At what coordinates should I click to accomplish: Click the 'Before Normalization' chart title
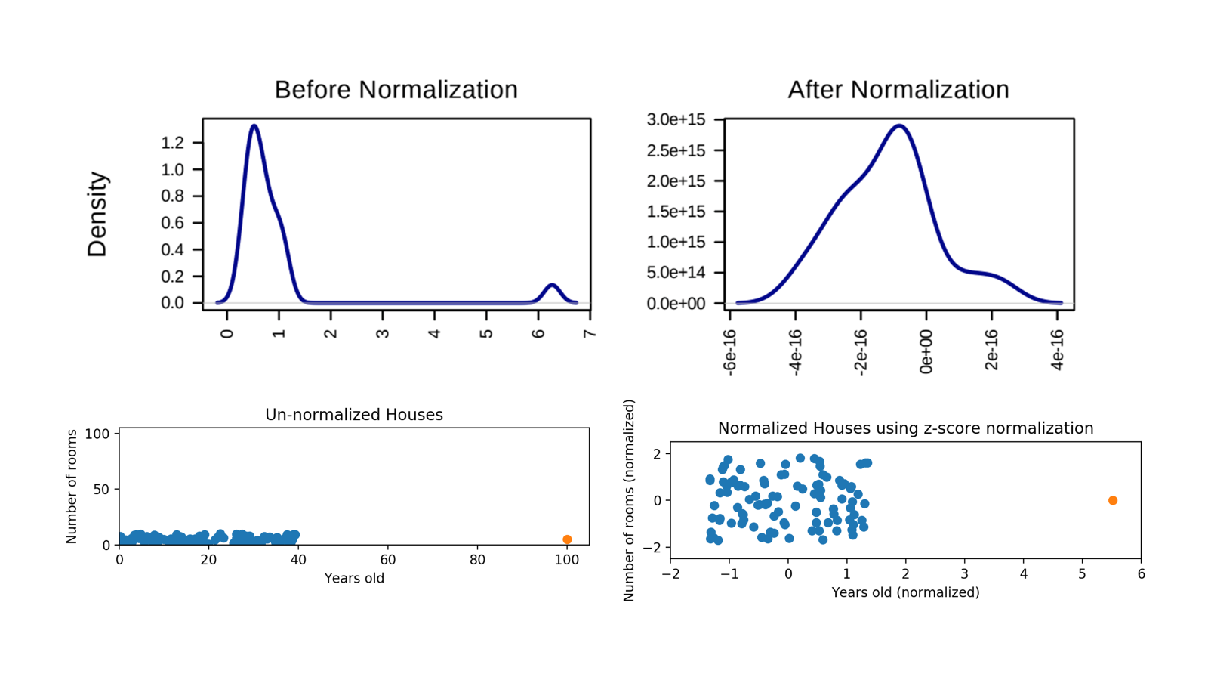pyautogui.click(x=396, y=90)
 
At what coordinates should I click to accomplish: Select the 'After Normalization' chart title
pyautogui.click(x=898, y=90)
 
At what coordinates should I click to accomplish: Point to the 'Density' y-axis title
pyautogui.click(x=97, y=215)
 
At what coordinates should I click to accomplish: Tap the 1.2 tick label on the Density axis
pyautogui.click(x=173, y=143)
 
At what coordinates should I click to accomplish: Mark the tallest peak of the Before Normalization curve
pyautogui.click(x=254, y=125)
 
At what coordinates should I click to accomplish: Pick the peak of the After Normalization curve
pyautogui.click(x=899, y=125)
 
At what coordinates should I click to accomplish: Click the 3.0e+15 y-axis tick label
pyautogui.click(x=676, y=119)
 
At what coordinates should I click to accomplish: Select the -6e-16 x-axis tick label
pyautogui.click(x=729, y=352)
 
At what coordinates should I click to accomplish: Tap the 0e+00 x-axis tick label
pyautogui.click(x=926, y=352)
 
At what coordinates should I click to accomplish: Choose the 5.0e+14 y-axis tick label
pyautogui.click(x=676, y=273)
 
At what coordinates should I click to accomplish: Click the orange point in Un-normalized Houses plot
pyautogui.click(x=567, y=539)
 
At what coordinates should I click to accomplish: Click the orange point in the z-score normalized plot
pyautogui.click(x=1113, y=500)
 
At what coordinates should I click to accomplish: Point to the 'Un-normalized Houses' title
pyautogui.click(x=354, y=415)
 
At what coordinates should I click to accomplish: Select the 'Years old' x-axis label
pyautogui.click(x=354, y=578)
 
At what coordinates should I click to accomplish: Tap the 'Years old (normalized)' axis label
pyautogui.click(x=905, y=592)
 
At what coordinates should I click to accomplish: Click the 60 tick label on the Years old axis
pyautogui.click(x=388, y=560)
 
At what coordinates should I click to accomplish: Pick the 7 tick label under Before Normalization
pyautogui.click(x=590, y=333)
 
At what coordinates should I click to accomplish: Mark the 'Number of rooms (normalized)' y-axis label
pyautogui.click(x=628, y=500)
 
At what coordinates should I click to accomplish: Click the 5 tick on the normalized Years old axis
pyautogui.click(x=1083, y=573)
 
